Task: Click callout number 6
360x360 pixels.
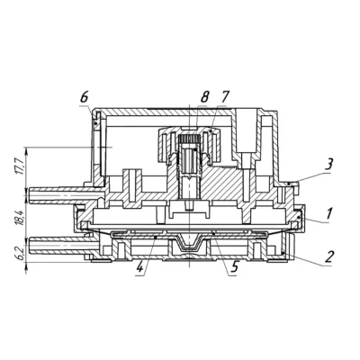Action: click(85, 98)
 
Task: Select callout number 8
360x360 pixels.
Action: click(204, 98)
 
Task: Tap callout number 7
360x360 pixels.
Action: click(224, 98)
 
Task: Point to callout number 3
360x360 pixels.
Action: click(329, 165)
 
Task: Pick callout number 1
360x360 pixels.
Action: click(329, 214)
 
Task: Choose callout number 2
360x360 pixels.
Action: click(329, 256)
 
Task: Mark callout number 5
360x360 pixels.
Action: click(234, 266)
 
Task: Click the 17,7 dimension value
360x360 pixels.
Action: click(19, 166)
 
